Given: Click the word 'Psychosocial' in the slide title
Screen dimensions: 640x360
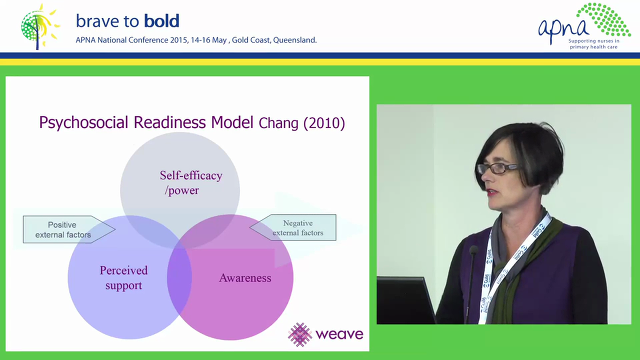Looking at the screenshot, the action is (83, 123).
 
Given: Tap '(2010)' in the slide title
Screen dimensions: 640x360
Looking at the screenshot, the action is (324, 123).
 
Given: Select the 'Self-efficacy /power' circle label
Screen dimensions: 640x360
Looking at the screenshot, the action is (191, 183).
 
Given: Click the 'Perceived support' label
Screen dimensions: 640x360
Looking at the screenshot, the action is (123, 277).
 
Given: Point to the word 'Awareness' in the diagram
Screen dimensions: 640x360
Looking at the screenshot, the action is (245, 278).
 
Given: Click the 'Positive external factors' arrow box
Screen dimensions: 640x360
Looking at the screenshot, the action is (69, 229).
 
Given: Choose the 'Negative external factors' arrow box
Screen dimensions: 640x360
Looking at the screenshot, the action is (293, 227).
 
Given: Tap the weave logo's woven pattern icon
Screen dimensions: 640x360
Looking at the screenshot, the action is (300, 334).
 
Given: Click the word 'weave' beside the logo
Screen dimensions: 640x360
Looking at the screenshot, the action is (339, 334).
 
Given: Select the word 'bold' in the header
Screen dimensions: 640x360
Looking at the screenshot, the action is (161, 21).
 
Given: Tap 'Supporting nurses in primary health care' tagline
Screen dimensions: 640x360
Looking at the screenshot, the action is (593, 44).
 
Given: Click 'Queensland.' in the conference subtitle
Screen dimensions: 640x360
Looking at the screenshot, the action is (295, 40).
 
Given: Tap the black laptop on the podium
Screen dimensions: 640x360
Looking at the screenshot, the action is (405, 300).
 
